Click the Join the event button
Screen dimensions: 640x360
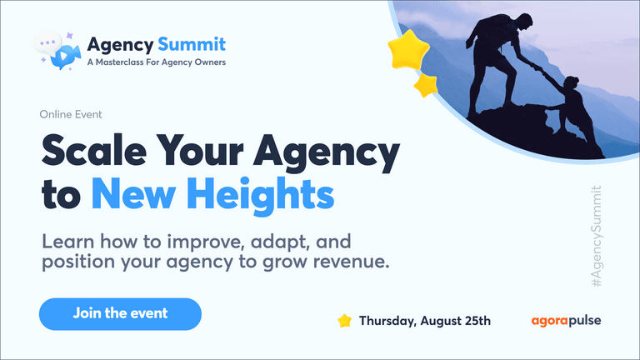120,314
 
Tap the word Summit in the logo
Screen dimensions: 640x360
192,44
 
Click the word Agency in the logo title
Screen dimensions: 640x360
120,45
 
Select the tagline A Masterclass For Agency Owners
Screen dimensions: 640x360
157,62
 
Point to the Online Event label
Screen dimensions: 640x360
71,114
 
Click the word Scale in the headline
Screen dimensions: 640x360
94,150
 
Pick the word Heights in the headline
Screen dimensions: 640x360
260,194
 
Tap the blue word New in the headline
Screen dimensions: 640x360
133,194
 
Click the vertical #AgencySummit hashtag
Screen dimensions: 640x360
597,237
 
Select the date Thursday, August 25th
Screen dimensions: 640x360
425,321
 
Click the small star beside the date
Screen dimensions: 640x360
344,320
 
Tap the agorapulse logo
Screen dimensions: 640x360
566,321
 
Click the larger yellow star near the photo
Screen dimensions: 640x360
408,50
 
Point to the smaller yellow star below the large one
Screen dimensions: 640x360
426,85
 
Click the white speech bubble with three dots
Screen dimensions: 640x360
47,42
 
